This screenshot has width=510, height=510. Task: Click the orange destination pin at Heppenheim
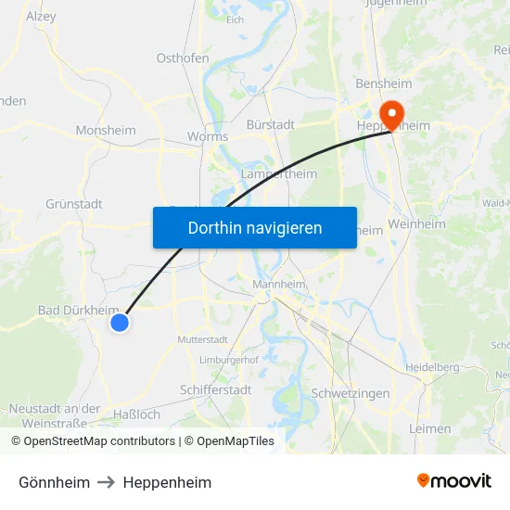pyautogui.click(x=393, y=114)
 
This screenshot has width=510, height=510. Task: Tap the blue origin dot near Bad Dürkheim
pyautogui.click(x=119, y=323)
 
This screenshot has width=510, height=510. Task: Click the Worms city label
pyautogui.click(x=208, y=136)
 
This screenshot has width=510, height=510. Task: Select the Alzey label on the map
pyautogui.click(x=41, y=16)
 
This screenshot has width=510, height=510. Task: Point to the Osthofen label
pyautogui.click(x=183, y=57)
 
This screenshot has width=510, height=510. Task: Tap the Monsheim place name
pyautogui.click(x=106, y=131)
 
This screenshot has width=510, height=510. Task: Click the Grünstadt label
pyautogui.click(x=73, y=204)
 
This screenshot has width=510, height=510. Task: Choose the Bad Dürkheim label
pyautogui.click(x=78, y=310)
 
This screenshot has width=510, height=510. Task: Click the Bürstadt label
pyautogui.click(x=271, y=124)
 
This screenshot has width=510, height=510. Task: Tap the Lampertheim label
pyautogui.click(x=278, y=173)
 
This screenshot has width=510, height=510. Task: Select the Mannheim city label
pyautogui.click(x=280, y=285)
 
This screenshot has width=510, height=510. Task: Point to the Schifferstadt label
pyautogui.click(x=215, y=390)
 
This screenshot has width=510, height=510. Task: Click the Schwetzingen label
pyautogui.click(x=351, y=393)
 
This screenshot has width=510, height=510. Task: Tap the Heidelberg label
pyautogui.click(x=434, y=367)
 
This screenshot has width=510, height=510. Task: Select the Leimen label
pyautogui.click(x=430, y=428)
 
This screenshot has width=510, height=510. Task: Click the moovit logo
pyautogui.click(x=454, y=481)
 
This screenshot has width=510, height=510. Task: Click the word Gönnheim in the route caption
pyautogui.click(x=54, y=482)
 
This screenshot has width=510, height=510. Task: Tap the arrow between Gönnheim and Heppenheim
pyautogui.click(x=107, y=482)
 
